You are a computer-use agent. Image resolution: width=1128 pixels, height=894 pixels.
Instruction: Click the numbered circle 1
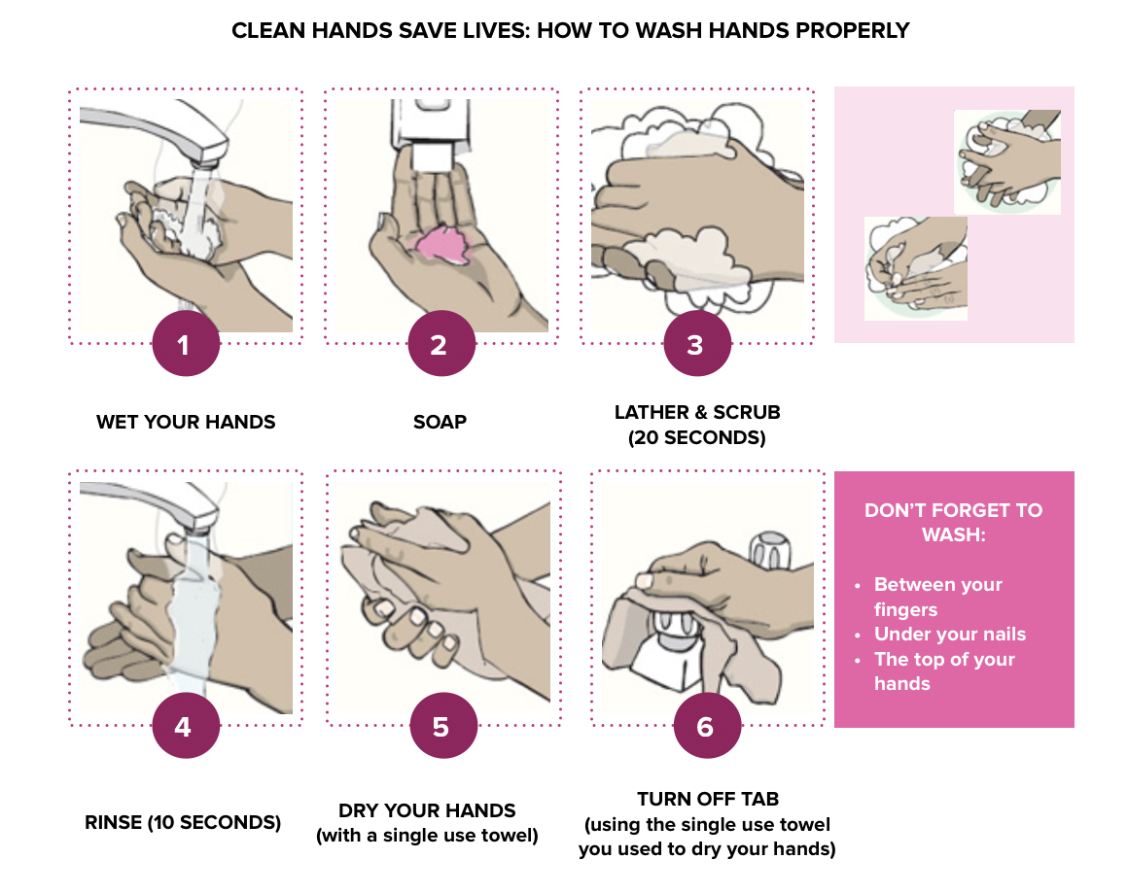pyautogui.click(x=186, y=344)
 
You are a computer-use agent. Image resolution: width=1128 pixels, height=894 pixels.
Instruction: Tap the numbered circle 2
pyautogui.click(x=441, y=344)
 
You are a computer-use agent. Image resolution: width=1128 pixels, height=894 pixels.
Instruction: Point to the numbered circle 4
pyautogui.click(x=186, y=726)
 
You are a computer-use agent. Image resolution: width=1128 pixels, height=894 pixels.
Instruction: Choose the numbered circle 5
pyautogui.click(x=443, y=726)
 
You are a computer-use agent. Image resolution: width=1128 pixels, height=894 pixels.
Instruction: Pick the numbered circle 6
pyautogui.click(x=707, y=726)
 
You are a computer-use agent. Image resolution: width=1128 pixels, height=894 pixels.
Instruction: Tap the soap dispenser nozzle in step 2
pyautogui.click(x=432, y=158)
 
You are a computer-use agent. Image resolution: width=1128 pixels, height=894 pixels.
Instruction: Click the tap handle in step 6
pyautogui.click(x=770, y=550)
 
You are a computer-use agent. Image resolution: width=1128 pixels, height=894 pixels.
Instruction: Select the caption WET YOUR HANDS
pyautogui.click(x=186, y=422)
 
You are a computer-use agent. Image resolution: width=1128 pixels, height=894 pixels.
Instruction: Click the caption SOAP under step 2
pyautogui.click(x=440, y=422)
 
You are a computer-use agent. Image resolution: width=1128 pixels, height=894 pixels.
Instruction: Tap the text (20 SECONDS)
pyautogui.click(x=696, y=437)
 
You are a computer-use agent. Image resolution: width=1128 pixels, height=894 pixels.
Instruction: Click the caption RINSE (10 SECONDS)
pyautogui.click(x=183, y=822)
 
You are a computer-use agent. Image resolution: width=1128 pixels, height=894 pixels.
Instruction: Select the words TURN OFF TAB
pyautogui.click(x=708, y=799)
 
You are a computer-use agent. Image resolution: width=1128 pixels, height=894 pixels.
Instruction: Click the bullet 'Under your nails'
pyautogui.click(x=950, y=635)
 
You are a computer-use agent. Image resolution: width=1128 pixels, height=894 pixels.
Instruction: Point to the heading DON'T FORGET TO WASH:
pyautogui.click(x=953, y=523)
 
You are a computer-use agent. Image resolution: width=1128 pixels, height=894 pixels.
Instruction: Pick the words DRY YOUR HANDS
pyautogui.click(x=427, y=810)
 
